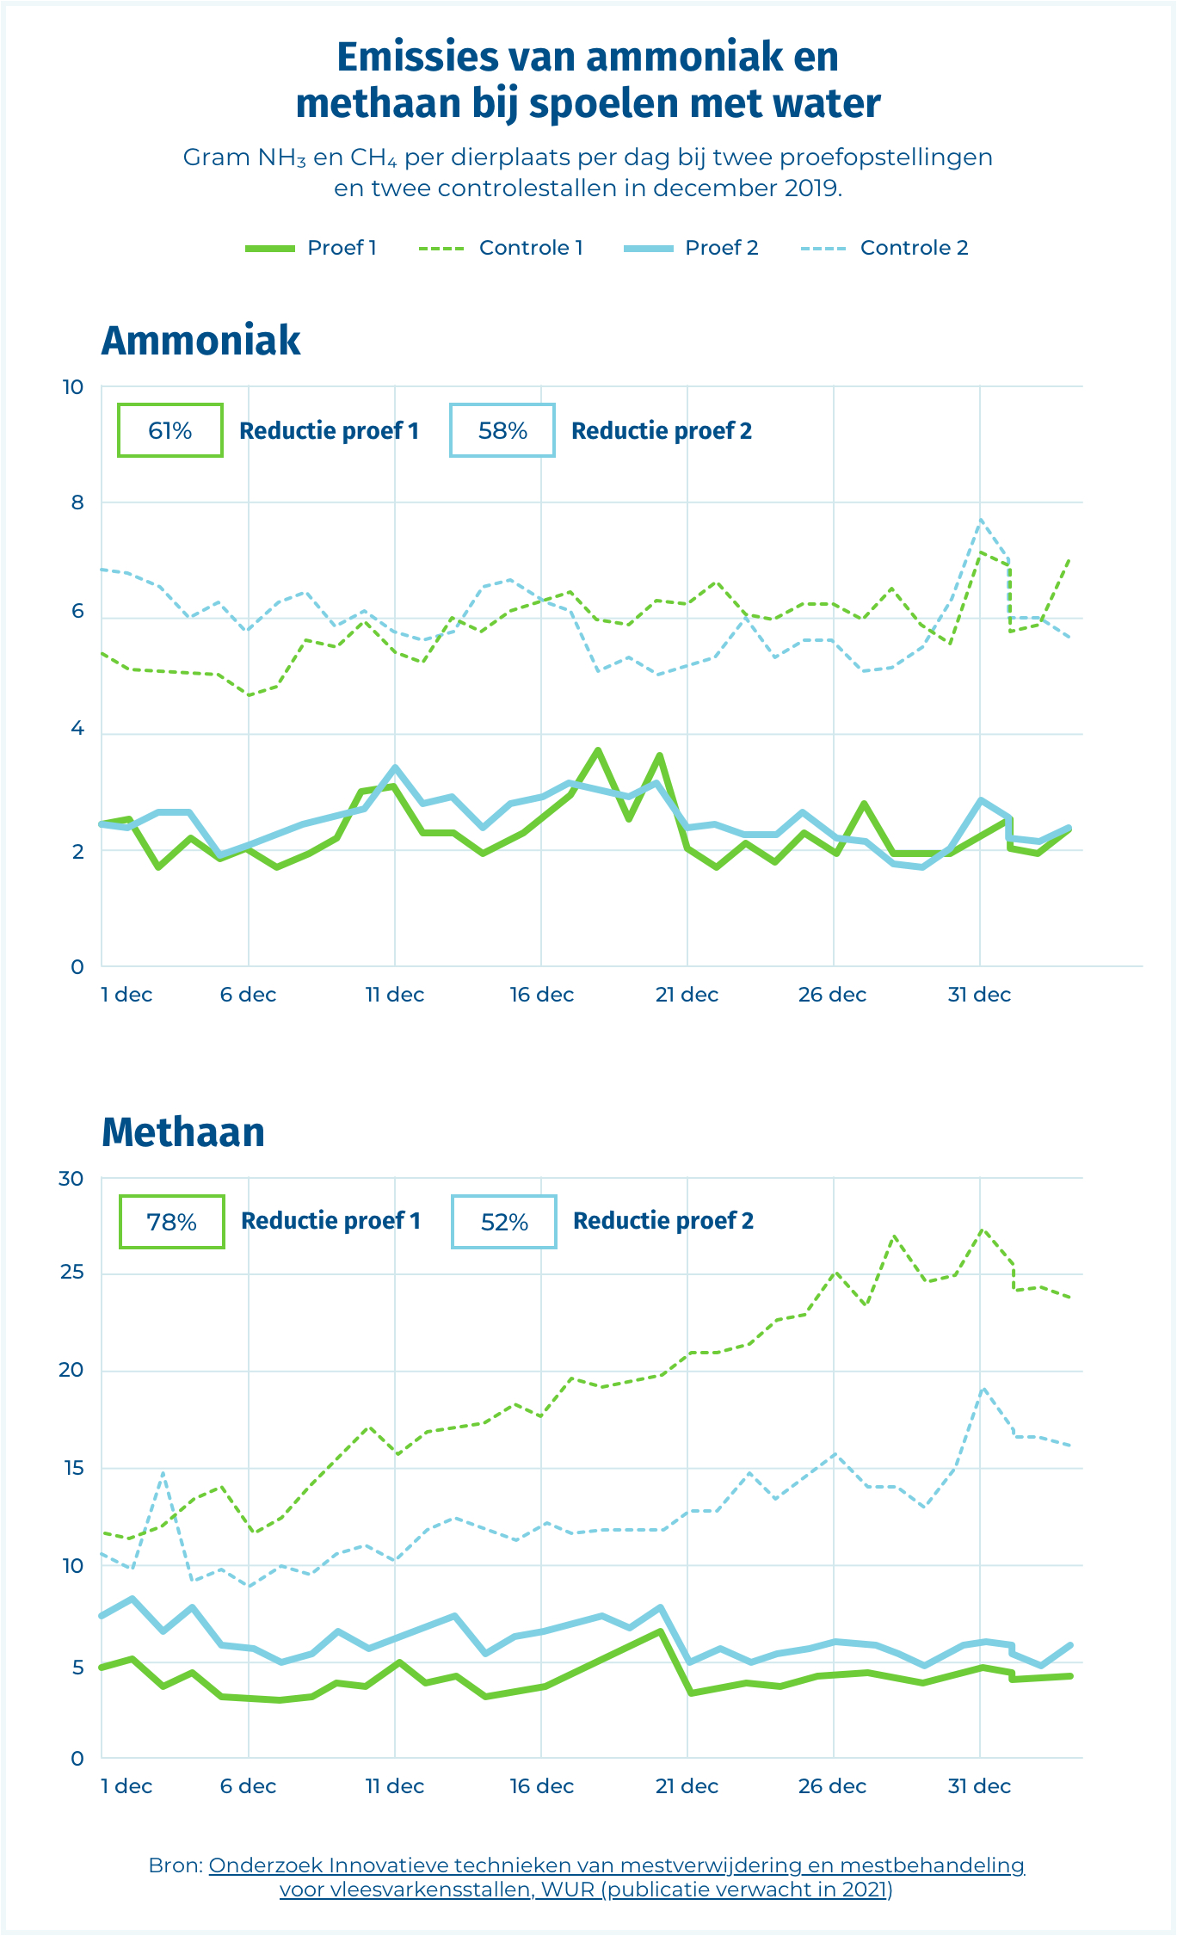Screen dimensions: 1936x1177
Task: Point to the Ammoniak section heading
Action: coord(200,341)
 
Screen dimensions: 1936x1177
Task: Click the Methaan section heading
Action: coord(182,1132)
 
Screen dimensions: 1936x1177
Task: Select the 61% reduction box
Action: coord(170,430)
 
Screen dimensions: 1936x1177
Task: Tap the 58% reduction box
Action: coord(502,430)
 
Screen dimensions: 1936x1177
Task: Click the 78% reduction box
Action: coord(172,1222)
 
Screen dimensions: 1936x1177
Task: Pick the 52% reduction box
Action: coord(504,1222)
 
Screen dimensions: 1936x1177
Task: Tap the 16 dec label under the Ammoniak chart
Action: coord(541,995)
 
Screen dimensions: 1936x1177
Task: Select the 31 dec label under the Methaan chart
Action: coord(979,1786)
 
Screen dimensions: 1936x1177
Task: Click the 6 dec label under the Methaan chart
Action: coord(248,1786)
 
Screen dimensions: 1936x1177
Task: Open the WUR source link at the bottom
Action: coord(616,1877)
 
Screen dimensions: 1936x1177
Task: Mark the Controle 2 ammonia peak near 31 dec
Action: coord(980,520)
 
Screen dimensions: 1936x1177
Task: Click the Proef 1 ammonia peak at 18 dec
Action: coord(598,750)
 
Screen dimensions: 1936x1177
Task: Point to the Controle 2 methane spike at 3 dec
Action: coord(162,1472)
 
